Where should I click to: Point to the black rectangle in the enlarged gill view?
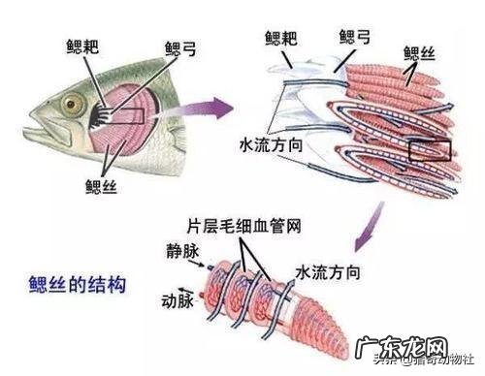click(430, 150)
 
